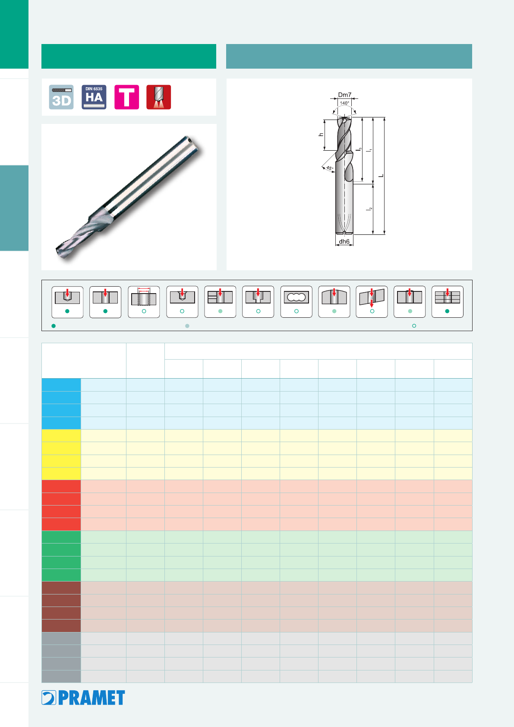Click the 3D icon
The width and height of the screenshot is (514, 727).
61,97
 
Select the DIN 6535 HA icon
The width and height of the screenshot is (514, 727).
94,97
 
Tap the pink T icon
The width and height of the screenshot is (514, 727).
126,97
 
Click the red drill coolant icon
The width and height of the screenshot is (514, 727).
159,97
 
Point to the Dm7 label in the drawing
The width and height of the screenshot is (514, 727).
345,95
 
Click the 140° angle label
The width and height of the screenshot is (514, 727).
345,103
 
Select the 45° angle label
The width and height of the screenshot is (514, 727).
330,168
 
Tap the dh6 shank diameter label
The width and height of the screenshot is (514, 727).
344,241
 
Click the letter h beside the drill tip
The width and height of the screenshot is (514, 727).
321,134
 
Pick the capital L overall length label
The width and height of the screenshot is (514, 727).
381,176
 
